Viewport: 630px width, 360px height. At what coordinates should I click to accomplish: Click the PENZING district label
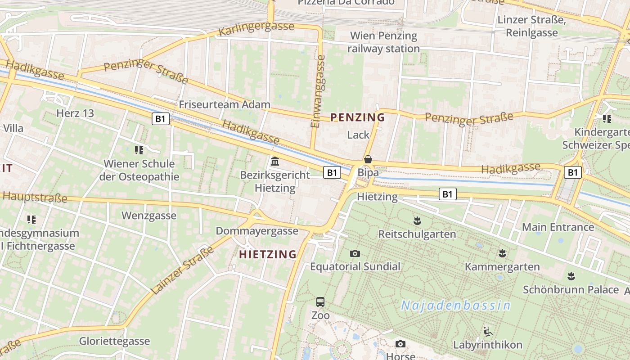coord(357,117)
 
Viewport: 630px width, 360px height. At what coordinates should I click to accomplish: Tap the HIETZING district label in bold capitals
coord(268,254)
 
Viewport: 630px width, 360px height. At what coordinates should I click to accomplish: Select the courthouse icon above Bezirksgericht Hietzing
coord(275,161)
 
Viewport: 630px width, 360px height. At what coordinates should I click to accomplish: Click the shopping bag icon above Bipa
coord(368,159)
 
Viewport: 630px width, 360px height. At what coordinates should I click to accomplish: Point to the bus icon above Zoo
coord(320,302)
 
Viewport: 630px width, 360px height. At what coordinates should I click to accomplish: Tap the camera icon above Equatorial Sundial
coord(355,254)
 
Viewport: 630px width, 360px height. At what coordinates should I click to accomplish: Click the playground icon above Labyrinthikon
coord(487,332)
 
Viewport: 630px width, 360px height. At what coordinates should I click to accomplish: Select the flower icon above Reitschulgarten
coord(417,221)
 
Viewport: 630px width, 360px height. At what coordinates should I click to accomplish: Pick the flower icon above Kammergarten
coord(502,253)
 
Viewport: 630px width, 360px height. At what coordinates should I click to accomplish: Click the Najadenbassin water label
coord(456,306)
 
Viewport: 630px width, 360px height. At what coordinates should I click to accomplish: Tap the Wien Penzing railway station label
coord(384,42)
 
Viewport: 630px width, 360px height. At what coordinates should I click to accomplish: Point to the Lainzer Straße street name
coord(182,270)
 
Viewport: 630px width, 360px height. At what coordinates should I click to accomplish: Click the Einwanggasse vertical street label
coord(318,91)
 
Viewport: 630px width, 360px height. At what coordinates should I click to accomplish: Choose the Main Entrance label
coord(558,227)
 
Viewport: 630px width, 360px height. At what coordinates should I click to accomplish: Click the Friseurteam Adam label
coord(225,104)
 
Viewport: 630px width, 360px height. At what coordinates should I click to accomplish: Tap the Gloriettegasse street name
coord(114,341)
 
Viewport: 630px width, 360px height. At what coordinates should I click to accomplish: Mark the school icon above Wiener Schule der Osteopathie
coord(139,150)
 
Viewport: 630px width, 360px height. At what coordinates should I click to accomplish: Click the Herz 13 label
coord(75,113)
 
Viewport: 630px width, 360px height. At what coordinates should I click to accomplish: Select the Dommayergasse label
coord(257,231)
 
